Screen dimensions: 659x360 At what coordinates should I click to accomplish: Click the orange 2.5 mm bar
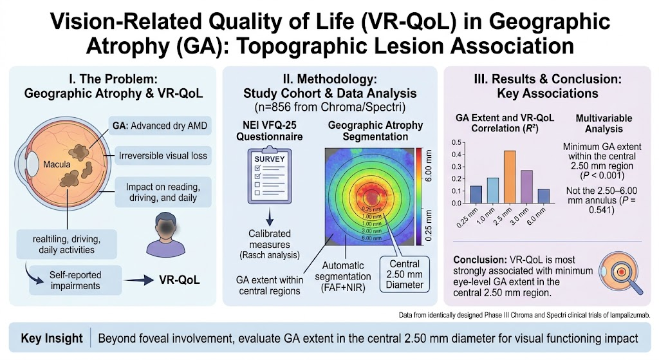coord(510,177)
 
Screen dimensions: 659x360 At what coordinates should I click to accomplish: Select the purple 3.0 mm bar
coord(526,187)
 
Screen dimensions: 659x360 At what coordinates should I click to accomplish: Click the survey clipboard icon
coord(270,175)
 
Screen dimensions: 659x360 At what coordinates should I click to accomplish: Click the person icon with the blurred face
coord(165,234)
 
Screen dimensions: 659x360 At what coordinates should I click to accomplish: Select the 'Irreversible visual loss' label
coord(163,156)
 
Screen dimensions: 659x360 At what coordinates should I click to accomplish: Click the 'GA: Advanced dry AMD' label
coord(160,126)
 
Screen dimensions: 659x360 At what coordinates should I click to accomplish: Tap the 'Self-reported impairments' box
coord(75,281)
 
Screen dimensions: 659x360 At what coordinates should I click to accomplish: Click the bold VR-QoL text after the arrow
coord(180,280)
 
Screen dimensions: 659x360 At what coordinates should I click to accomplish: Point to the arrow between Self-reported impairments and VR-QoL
coord(139,280)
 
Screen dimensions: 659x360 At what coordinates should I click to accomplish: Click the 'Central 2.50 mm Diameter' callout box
coord(404,274)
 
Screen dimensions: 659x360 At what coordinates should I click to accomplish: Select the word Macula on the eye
coord(57,164)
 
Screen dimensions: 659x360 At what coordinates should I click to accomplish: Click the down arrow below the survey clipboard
coord(270,216)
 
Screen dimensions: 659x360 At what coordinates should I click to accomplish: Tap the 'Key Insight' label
coord(51,338)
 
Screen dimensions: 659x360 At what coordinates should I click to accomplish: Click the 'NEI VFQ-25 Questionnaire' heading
coord(270,131)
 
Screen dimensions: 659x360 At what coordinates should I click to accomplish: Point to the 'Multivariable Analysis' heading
coord(604,124)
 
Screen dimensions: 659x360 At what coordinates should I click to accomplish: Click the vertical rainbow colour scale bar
coord(420,196)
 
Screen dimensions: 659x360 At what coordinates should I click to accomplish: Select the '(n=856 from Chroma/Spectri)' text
coord(330,108)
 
